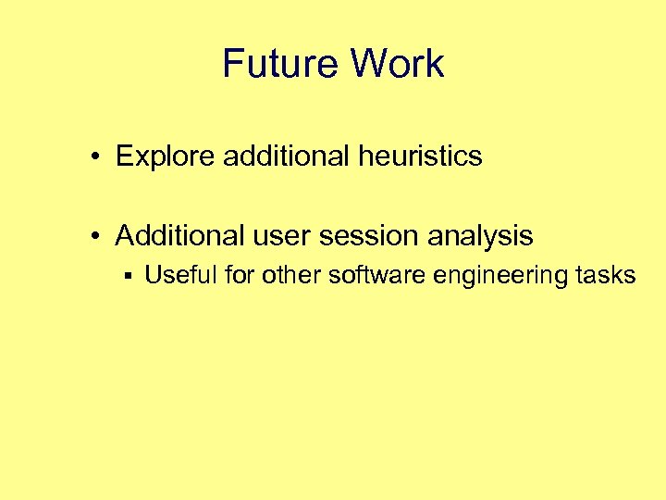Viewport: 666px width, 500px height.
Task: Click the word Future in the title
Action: [281, 64]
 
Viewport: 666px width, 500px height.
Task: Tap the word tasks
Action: [609, 275]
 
